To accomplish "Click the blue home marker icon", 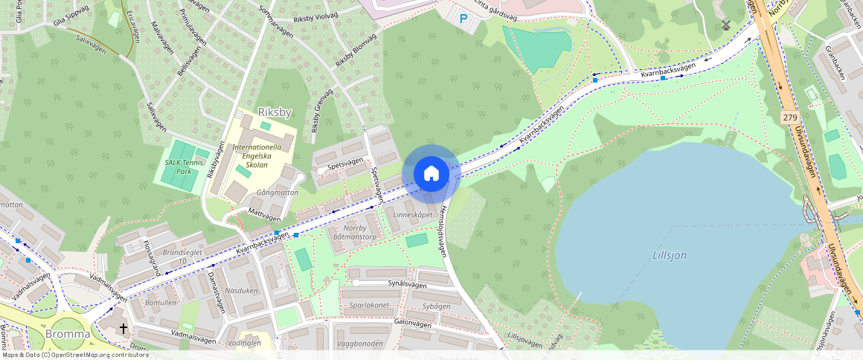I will pos(431,174).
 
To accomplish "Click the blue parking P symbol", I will pos(464,19).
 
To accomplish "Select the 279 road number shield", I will pos(790,118).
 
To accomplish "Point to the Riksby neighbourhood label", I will pos(275,112).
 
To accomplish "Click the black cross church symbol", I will pos(123,328).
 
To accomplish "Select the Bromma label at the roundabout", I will pos(68,334).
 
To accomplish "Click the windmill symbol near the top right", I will pos(726,25).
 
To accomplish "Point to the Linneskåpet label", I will pos(411,214).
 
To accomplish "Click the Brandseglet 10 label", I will pos(175,257).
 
